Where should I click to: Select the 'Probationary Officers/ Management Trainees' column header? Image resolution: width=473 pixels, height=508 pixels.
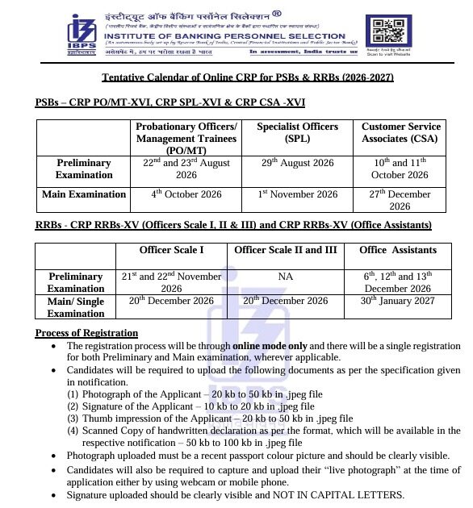point(186,139)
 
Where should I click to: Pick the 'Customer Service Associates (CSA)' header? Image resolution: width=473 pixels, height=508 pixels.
point(400,133)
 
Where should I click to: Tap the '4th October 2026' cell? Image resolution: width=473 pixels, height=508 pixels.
point(186,194)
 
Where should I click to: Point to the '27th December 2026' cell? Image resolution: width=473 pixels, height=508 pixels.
point(400,200)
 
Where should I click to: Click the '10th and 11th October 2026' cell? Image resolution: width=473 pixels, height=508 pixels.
point(400,169)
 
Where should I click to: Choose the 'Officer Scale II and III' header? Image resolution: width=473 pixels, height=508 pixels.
point(285,250)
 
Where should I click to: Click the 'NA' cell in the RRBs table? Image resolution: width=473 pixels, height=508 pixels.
point(285,277)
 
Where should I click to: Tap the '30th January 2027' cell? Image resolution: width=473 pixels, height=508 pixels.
point(397,301)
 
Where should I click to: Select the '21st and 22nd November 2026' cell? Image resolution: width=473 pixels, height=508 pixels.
point(171,282)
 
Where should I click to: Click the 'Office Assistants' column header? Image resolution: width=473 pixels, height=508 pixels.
point(397,250)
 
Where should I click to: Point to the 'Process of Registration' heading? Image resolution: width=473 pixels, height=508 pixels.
point(86,333)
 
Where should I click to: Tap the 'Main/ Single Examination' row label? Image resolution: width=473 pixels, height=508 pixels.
point(76,307)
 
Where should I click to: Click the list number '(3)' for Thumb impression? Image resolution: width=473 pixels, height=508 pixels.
point(73,418)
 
